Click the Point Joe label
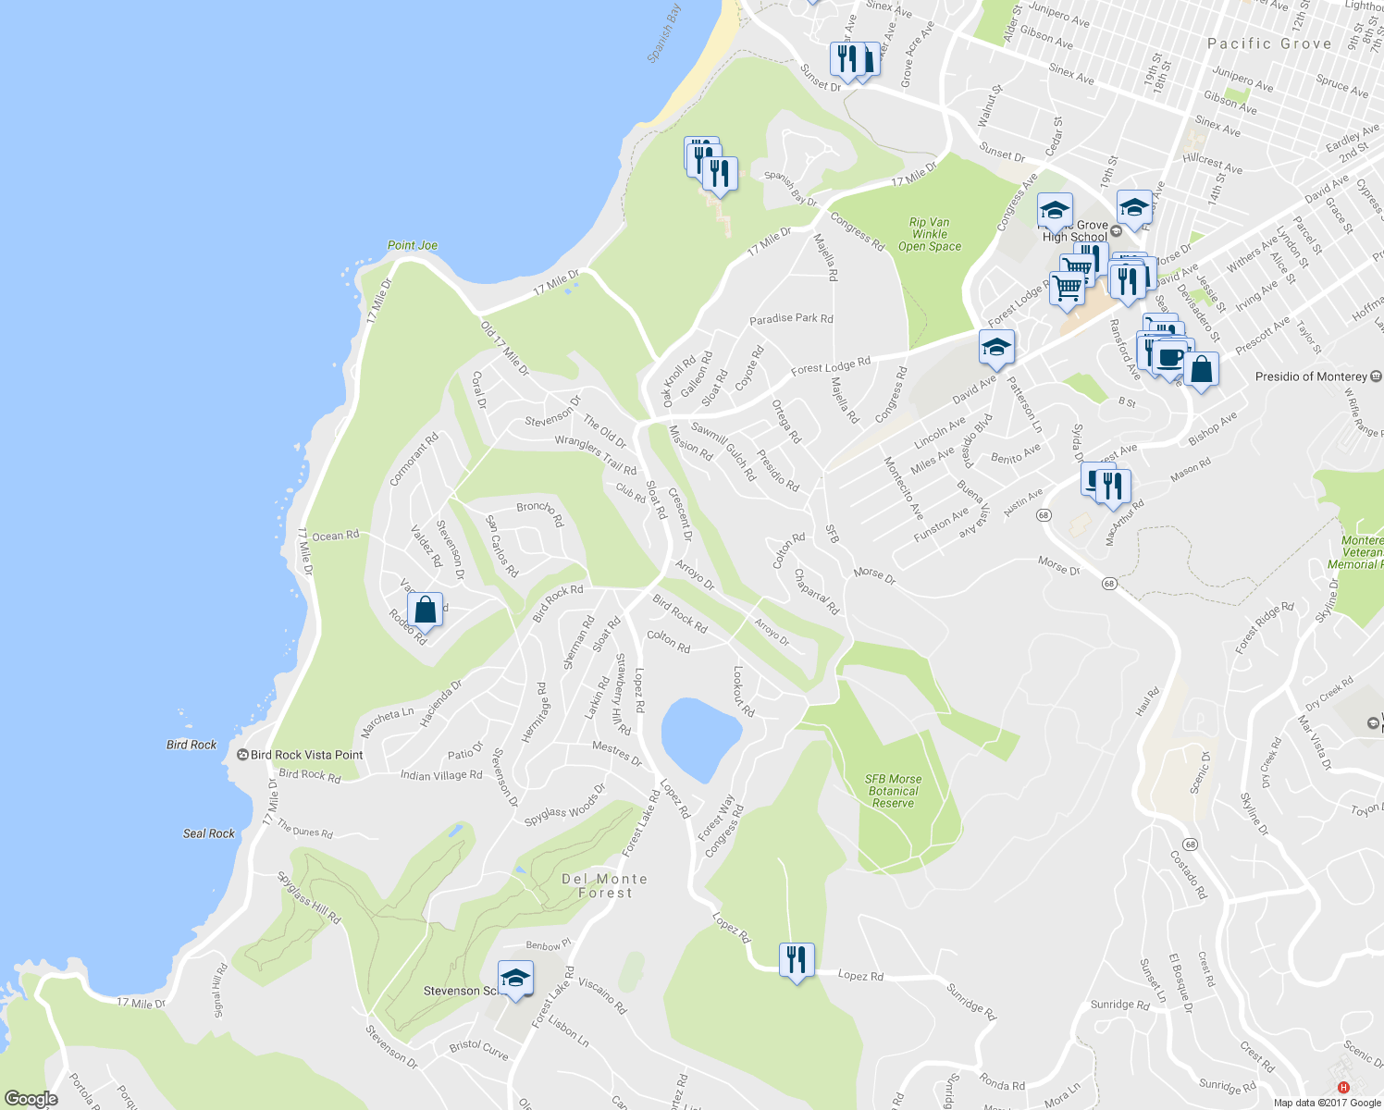pos(412,245)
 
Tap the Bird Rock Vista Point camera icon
pos(242,755)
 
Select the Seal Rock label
pos(209,833)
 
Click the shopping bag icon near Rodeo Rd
pos(425,610)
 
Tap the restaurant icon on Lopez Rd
pos(797,960)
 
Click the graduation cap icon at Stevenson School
pos(515,979)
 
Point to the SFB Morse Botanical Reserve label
pos(893,791)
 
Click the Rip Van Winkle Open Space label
pos(930,234)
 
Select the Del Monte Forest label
pos(605,885)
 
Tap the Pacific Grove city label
pos(1269,43)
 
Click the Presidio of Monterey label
pos(1311,376)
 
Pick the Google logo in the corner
pos(31,1099)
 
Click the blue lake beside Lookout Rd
pos(700,738)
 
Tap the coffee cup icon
pos(1169,357)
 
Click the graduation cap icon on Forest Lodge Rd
pos(996,348)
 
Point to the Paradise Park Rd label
pos(791,318)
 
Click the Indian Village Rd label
pos(441,775)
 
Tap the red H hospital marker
pos(1343,1087)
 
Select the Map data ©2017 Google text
pos(1326,1103)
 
